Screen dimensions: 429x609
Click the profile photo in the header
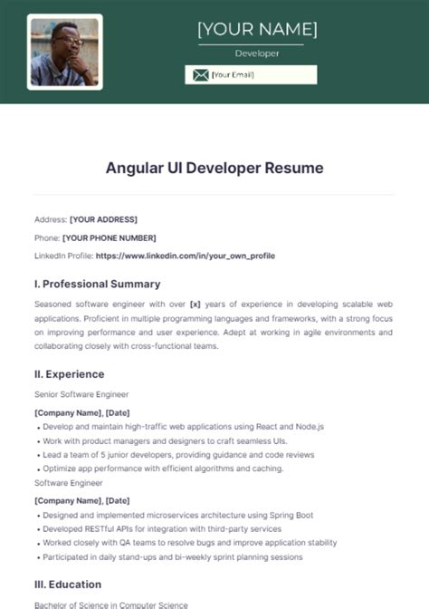[x=64, y=52]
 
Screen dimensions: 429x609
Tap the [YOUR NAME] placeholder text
[x=257, y=29]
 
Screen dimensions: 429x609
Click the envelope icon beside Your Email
[x=199, y=75]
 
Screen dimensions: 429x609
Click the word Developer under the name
[x=257, y=53]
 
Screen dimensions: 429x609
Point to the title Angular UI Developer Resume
[x=214, y=168]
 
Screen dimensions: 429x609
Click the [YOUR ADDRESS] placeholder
[x=103, y=219]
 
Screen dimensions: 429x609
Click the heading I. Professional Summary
[x=97, y=284]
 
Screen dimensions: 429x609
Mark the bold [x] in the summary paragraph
[x=195, y=304]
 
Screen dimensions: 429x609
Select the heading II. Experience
[x=69, y=373]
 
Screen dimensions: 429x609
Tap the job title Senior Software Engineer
[x=81, y=394]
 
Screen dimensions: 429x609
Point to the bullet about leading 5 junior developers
[x=179, y=454]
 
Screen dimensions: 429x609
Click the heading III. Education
[x=68, y=585]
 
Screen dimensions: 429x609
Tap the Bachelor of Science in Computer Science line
[x=111, y=604]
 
